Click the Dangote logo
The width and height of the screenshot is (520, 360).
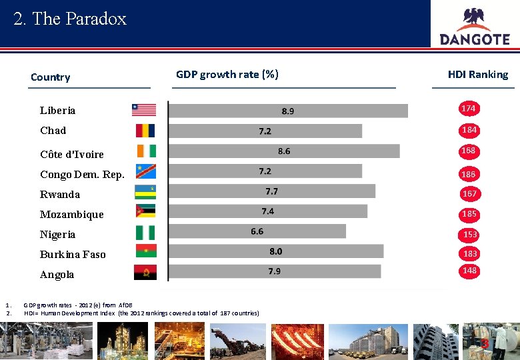click(x=475, y=27)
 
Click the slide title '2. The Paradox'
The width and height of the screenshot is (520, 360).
click(x=70, y=19)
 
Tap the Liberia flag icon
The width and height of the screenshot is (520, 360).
click(x=144, y=110)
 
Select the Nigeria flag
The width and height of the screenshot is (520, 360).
click(x=145, y=233)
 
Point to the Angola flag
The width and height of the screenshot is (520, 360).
click(x=145, y=273)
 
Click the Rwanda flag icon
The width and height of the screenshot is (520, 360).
click(x=145, y=193)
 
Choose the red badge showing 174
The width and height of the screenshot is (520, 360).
click(x=469, y=109)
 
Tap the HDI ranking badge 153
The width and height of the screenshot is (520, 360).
click(x=470, y=235)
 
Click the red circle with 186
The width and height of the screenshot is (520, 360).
click(x=469, y=174)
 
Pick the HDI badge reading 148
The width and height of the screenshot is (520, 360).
click(x=469, y=271)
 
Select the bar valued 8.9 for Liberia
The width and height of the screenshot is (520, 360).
click(x=288, y=111)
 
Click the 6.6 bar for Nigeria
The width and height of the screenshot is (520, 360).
click(x=257, y=231)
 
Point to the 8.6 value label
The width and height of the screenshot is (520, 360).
click(x=284, y=151)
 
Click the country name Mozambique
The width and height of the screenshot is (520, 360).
click(x=72, y=215)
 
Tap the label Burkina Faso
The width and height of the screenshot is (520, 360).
click(x=73, y=255)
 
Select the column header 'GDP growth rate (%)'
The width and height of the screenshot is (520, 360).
click(x=227, y=75)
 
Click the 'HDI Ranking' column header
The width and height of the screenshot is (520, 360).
click(x=478, y=75)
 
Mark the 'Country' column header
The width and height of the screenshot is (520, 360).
click(x=50, y=77)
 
